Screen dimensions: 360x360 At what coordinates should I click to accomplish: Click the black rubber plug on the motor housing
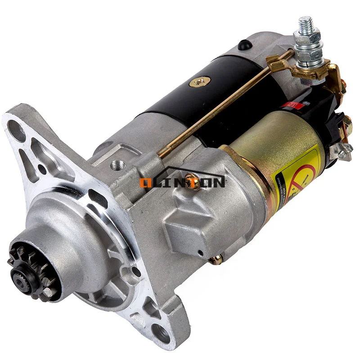243,44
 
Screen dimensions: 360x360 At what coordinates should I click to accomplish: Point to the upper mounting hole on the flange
17,130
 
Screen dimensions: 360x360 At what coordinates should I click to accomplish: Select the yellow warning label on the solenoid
297,175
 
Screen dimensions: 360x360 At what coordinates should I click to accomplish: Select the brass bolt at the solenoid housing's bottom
217,259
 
